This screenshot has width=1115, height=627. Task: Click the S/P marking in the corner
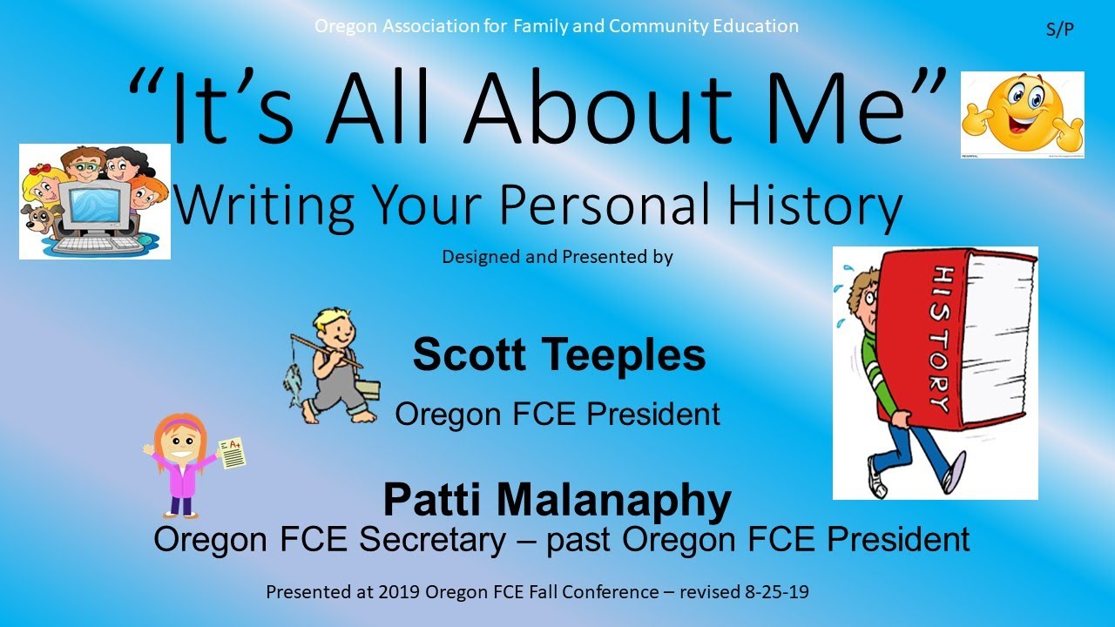click(x=1059, y=29)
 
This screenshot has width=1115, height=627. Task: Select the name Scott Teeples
click(x=558, y=355)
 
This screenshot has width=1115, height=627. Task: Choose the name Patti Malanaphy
click(x=557, y=500)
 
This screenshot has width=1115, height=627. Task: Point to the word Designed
click(x=481, y=258)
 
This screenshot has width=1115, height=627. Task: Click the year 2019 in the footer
click(x=397, y=592)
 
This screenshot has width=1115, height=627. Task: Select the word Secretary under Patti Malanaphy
click(x=432, y=540)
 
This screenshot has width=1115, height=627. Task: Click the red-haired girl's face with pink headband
click(x=180, y=446)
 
